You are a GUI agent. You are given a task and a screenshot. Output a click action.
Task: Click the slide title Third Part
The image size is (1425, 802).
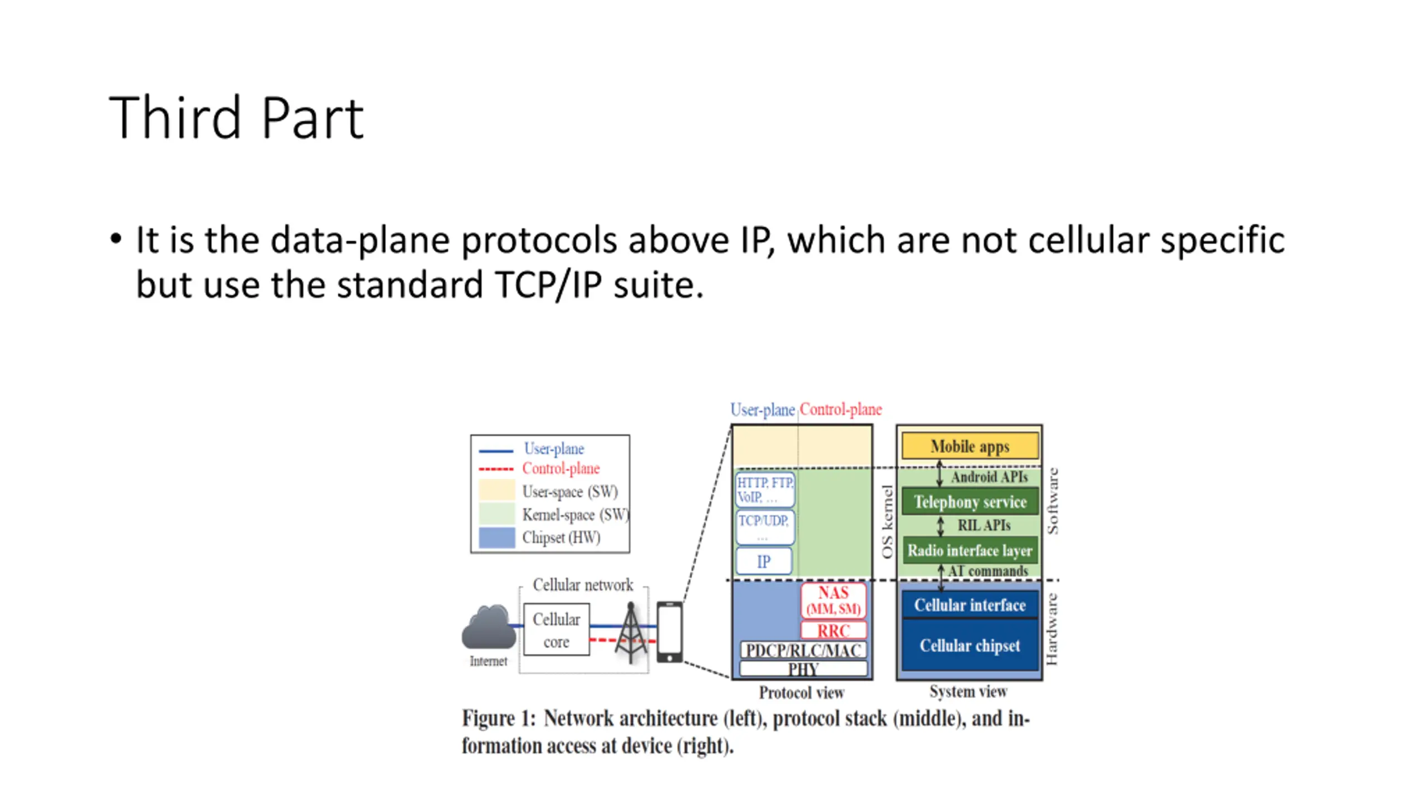pyautogui.click(x=236, y=118)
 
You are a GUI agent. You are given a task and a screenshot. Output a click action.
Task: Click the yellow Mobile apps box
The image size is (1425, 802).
pyautogui.click(x=969, y=446)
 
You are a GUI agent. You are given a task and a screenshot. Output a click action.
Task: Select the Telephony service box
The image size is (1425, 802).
pyautogui.click(x=969, y=501)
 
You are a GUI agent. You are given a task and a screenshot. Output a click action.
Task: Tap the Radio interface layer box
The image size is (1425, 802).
pyautogui.click(x=969, y=550)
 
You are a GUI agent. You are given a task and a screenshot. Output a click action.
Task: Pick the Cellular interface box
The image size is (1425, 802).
pyautogui.click(x=969, y=605)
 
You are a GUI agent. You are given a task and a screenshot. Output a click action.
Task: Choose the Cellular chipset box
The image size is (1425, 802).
pyautogui.click(x=969, y=645)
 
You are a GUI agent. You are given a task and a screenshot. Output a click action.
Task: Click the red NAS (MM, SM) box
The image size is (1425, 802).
pyautogui.click(x=833, y=600)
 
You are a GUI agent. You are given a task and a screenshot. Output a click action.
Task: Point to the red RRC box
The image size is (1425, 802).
pyautogui.click(x=833, y=630)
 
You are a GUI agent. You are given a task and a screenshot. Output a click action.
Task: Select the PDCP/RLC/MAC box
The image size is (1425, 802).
pyautogui.click(x=803, y=650)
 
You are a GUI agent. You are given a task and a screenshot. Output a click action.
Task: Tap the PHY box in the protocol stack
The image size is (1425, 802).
pyautogui.click(x=803, y=669)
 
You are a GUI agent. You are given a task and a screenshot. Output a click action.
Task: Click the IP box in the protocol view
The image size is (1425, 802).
pyautogui.click(x=763, y=561)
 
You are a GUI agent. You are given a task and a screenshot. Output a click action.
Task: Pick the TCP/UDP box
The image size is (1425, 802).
pyautogui.click(x=764, y=526)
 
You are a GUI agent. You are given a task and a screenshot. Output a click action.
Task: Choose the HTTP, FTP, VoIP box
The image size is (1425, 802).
pyautogui.click(x=764, y=490)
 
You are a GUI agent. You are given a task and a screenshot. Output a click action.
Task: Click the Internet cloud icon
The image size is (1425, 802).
pyautogui.click(x=488, y=628)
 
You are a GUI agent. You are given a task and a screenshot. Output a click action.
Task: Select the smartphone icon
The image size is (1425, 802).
pyautogui.click(x=669, y=632)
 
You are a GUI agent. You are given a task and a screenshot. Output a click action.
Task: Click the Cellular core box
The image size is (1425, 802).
pyautogui.click(x=556, y=630)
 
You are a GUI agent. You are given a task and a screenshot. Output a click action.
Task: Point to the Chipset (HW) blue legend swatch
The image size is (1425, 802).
pyautogui.click(x=497, y=538)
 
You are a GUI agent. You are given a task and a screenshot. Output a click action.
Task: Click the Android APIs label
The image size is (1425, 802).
pyautogui.click(x=989, y=477)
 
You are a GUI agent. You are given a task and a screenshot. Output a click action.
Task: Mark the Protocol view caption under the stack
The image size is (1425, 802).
pyautogui.click(x=801, y=692)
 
